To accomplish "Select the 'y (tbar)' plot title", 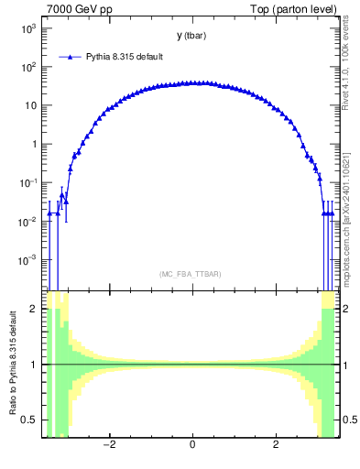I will point(191,36).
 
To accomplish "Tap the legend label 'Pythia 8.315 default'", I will point(125,57).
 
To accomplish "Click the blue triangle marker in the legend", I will point(71,57).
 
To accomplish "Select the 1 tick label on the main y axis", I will point(35,144).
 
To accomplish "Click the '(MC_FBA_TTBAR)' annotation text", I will point(191,274).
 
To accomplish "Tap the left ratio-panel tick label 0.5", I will point(31,420).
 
